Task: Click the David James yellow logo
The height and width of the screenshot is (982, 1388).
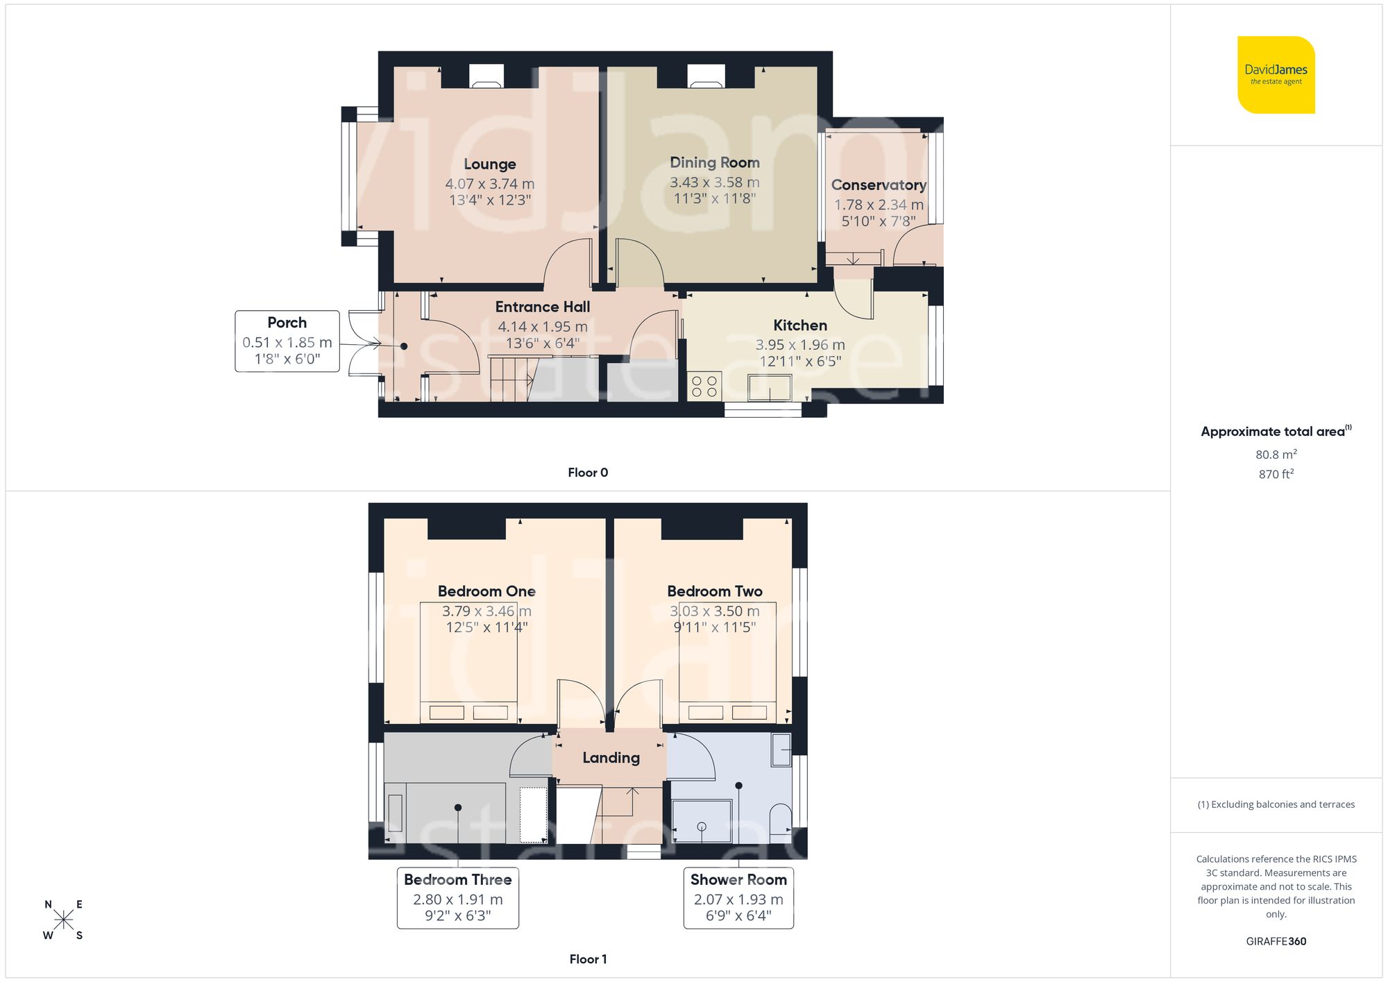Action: [1276, 75]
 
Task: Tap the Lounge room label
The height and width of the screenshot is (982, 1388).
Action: [490, 164]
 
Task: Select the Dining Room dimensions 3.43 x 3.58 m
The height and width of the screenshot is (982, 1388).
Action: [714, 183]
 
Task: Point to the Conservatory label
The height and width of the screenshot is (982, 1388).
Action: [879, 185]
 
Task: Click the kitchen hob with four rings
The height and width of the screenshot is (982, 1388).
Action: [704, 387]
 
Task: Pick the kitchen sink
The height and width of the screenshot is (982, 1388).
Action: [770, 387]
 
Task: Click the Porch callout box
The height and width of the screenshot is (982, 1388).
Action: [287, 341]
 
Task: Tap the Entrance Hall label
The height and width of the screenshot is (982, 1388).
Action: [543, 307]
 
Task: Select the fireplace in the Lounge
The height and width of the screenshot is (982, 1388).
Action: [486, 76]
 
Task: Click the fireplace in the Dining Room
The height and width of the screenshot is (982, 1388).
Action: [706, 76]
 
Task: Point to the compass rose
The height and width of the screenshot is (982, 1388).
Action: [63, 920]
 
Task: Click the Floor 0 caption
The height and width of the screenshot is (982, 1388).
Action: [588, 473]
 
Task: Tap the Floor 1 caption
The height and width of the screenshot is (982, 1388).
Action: [588, 959]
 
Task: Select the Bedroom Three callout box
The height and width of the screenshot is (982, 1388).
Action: [458, 897]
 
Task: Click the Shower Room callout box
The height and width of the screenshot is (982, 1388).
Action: [738, 897]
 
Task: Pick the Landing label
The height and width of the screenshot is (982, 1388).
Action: [611, 758]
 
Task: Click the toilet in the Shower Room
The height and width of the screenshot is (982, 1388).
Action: [781, 818]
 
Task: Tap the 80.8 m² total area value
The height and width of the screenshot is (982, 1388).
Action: [1276, 455]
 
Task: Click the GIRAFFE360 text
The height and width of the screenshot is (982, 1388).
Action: [1276, 942]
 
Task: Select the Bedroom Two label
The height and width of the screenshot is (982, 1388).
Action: [715, 591]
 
